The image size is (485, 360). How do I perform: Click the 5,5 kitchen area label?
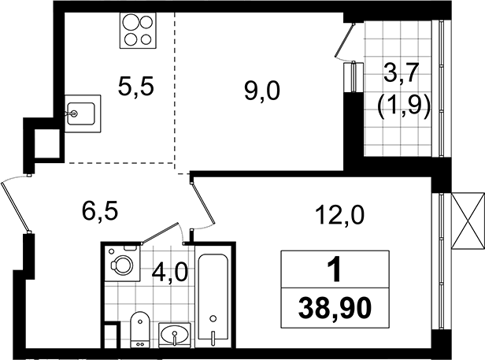point(135,87)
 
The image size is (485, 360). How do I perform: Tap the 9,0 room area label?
point(262,92)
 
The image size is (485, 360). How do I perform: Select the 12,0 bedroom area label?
point(340,215)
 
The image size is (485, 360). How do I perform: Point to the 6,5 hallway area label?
point(100,211)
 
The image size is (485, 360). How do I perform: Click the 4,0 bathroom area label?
point(170,273)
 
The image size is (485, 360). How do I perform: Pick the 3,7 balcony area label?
point(402,73)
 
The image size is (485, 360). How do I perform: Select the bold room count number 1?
point(335,269)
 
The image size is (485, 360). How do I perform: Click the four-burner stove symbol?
point(138,31)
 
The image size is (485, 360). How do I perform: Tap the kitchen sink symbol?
point(83,114)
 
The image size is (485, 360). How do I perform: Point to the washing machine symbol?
point(123,263)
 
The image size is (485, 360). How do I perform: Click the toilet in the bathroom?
point(140,329)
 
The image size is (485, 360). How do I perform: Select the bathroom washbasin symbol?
point(175,335)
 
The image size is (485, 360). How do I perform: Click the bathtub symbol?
point(213,296)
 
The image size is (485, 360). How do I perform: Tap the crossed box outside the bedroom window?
point(468,221)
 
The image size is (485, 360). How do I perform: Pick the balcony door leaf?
point(345,39)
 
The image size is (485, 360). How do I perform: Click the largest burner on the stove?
point(130,22)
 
